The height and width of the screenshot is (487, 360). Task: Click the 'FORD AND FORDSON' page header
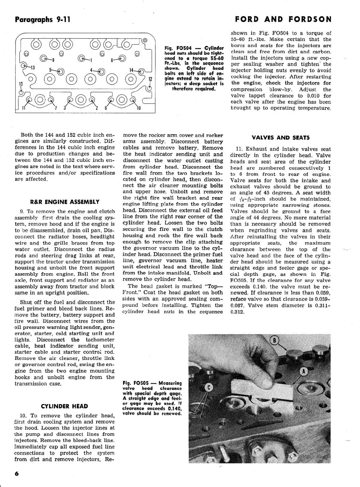pos(283,19)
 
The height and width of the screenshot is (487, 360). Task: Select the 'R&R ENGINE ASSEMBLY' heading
pos(65,202)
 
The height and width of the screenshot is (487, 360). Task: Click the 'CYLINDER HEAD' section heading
pos(64,406)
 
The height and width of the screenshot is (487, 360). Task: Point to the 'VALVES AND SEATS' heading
pos(280,138)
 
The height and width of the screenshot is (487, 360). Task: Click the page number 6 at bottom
pos(17,474)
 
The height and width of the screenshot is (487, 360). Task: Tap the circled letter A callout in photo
pos(303,371)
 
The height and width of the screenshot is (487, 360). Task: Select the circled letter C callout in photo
pos(208,388)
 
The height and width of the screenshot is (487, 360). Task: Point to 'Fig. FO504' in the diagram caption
pos(180,48)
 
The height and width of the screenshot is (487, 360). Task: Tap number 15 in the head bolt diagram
pos(21,84)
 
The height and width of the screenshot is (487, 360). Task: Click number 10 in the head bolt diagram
pos(139,108)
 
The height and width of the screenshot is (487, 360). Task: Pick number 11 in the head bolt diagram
pos(23,108)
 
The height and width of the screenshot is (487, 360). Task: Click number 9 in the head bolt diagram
pos(53,60)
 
